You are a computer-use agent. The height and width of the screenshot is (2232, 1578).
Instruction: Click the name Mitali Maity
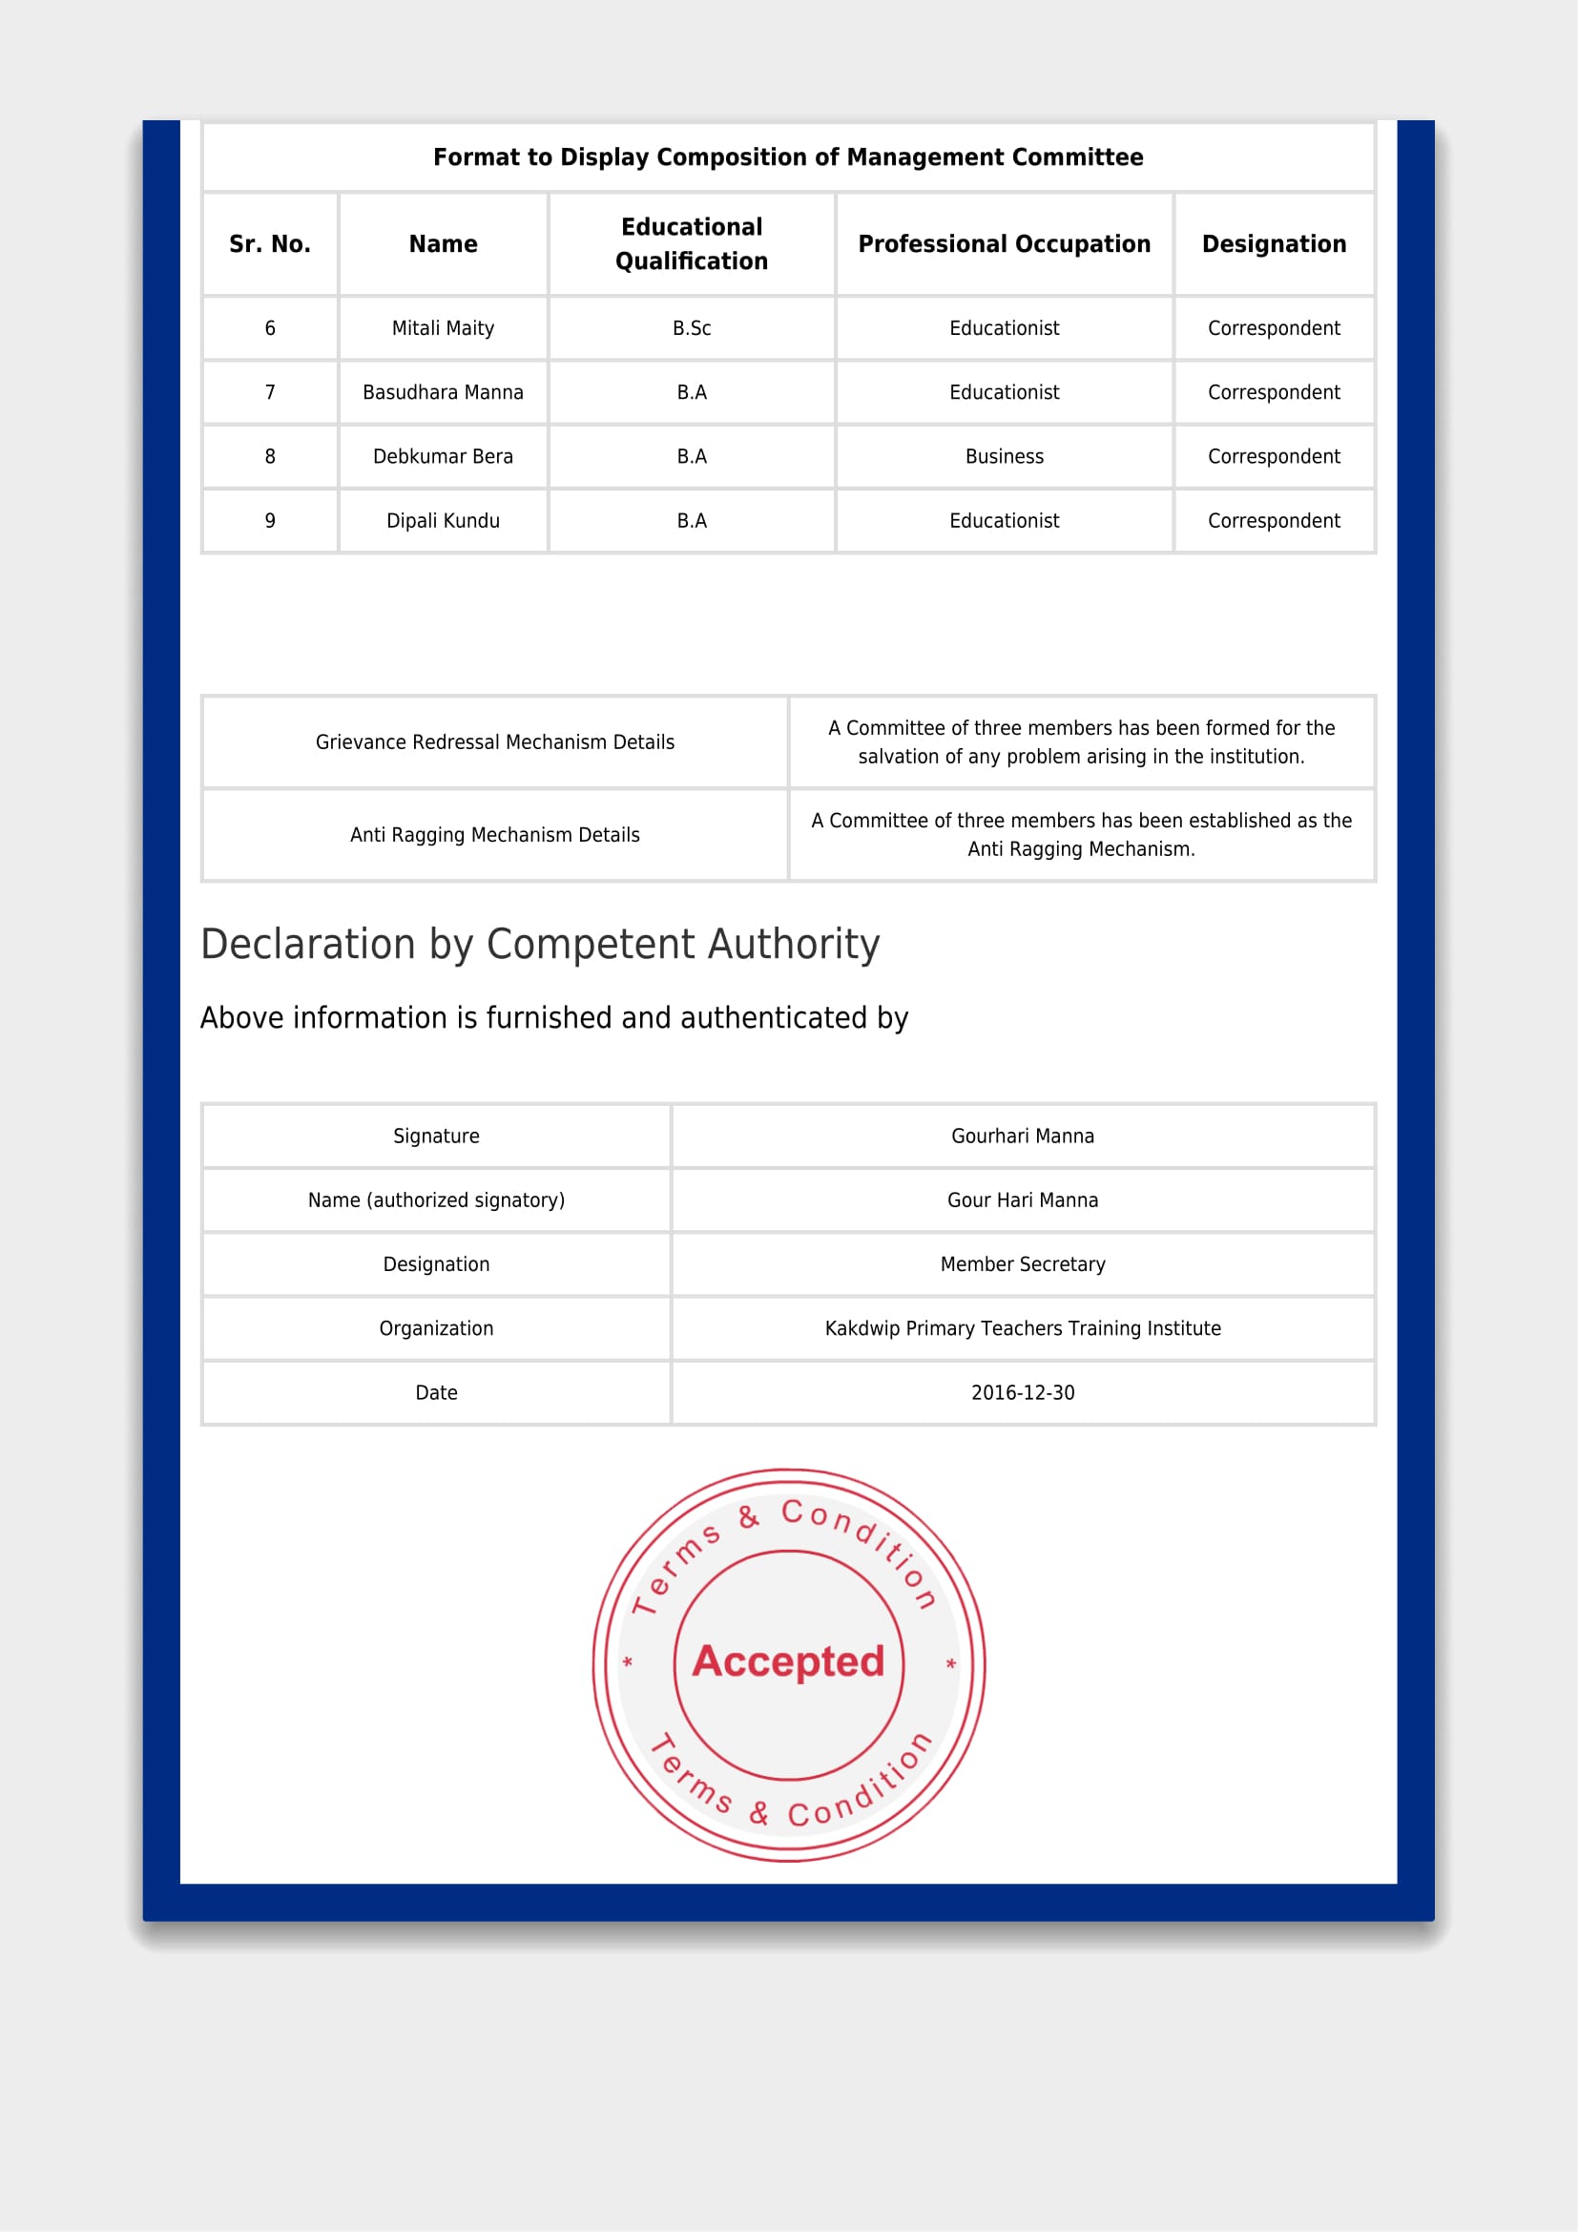443,328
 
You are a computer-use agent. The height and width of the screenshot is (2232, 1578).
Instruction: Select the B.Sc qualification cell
692,328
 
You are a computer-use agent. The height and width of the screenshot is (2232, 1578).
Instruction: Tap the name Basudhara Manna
443,393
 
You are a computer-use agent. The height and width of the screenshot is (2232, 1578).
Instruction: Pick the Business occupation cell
1004,457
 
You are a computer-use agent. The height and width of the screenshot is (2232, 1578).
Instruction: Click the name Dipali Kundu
443,521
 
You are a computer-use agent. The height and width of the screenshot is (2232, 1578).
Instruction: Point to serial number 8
270,457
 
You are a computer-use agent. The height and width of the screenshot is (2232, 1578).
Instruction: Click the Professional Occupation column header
1004,244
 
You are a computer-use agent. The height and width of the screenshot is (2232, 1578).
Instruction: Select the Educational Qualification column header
692,244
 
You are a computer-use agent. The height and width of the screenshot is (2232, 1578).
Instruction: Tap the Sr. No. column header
270,244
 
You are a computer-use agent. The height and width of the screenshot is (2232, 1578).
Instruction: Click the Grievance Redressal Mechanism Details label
494,742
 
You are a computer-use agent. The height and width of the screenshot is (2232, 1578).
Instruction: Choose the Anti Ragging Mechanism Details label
494,835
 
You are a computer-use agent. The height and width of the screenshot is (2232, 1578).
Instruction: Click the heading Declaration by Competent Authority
540,944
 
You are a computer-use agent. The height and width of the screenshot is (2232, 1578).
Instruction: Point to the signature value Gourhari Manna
1022,1137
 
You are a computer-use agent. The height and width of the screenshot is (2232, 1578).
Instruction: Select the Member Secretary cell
1022,1264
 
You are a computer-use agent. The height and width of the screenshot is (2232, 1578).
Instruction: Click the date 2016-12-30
1022,1393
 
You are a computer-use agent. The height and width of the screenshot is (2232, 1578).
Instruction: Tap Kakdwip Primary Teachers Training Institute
1022,1329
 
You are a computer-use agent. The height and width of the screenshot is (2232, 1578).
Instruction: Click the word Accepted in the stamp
788,1661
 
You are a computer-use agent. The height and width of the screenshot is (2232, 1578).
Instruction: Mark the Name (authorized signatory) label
436,1200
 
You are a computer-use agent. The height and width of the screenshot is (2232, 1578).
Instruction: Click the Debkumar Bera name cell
443,457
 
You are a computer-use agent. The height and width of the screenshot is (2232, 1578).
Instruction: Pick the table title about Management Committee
788,157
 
